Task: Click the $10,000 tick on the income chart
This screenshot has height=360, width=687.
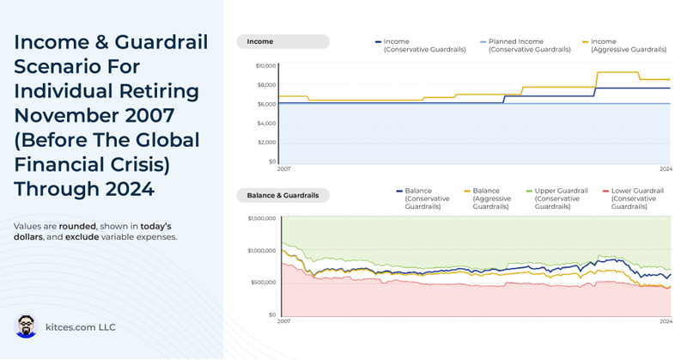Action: point(265,66)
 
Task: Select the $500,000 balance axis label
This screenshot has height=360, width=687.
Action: point(263,283)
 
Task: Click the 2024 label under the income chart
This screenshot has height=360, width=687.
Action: point(665,168)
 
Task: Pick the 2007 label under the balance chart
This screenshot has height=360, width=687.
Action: point(283,321)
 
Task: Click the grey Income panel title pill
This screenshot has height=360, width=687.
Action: point(283,41)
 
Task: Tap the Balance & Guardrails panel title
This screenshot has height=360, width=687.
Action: point(283,195)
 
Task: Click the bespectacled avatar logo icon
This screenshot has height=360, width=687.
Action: point(27,326)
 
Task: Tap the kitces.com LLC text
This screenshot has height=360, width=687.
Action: point(81,327)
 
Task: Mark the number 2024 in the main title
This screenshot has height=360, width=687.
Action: point(130,187)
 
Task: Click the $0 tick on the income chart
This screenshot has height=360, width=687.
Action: point(271,162)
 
